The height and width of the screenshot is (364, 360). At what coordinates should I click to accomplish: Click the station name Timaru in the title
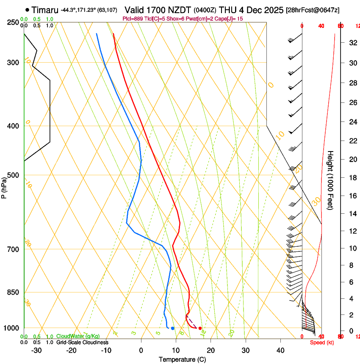(x=44, y=10)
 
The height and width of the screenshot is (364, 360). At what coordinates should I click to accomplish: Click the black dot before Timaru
(x=28, y=10)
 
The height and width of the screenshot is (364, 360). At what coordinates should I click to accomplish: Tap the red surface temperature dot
(x=200, y=328)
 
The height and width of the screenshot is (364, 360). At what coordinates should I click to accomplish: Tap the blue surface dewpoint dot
(x=173, y=328)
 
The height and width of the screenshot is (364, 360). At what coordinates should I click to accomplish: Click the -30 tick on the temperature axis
(x=36, y=350)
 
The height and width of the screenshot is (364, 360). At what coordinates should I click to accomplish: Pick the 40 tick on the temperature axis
(x=280, y=350)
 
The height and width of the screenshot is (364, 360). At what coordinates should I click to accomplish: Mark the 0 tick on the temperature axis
(x=141, y=350)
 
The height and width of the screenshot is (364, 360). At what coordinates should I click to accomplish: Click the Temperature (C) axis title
(x=182, y=360)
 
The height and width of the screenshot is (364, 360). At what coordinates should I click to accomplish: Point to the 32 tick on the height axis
(x=352, y=42)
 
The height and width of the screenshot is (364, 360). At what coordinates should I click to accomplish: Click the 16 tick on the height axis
(x=352, y=196)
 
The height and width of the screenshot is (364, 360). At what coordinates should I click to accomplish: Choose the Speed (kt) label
(x=322, y=342)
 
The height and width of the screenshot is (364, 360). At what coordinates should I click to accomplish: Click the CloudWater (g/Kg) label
(x=78, y=336)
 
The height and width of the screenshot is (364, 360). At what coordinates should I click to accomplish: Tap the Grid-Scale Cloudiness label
(x=82, y=342)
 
